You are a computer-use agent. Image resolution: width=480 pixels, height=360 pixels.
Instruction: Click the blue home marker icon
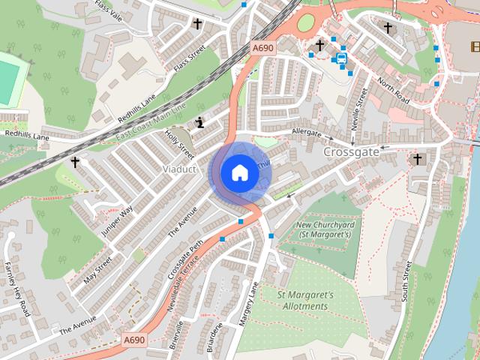point(239,172)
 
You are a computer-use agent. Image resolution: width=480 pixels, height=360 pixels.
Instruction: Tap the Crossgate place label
point(352,151)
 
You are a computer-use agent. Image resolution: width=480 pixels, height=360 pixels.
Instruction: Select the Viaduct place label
point(179,169)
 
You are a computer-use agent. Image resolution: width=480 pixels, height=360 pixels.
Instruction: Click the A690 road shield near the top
point(263,48)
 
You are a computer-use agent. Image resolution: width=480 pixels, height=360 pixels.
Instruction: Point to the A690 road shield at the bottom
point(133,340)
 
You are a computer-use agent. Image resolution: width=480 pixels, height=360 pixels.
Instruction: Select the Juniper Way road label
point(117,221)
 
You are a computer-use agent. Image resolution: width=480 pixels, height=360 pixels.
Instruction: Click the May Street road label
point(98,270)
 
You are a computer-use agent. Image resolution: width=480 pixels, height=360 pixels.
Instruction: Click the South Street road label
point(408,281)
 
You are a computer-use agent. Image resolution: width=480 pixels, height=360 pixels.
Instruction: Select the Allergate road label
point(306,132)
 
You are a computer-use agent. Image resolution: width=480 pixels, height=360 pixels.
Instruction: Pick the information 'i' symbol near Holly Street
point(199,123)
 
